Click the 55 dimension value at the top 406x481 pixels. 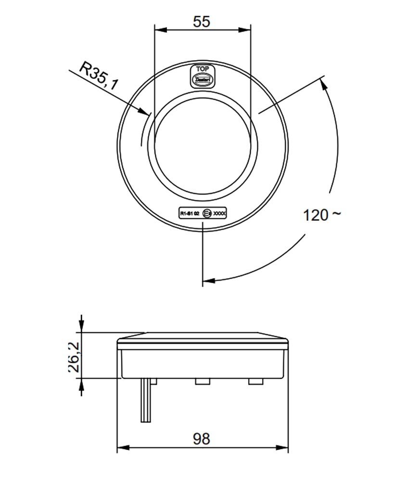click(x=203, y=22)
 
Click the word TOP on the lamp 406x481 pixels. click(x=203, y=69)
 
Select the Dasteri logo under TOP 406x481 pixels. click(x=203, y=79)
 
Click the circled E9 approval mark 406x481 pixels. click(x=207, y=212)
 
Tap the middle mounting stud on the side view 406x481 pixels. click(x=202, y=381)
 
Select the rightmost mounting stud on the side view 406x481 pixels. click(x=254, y=381)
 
